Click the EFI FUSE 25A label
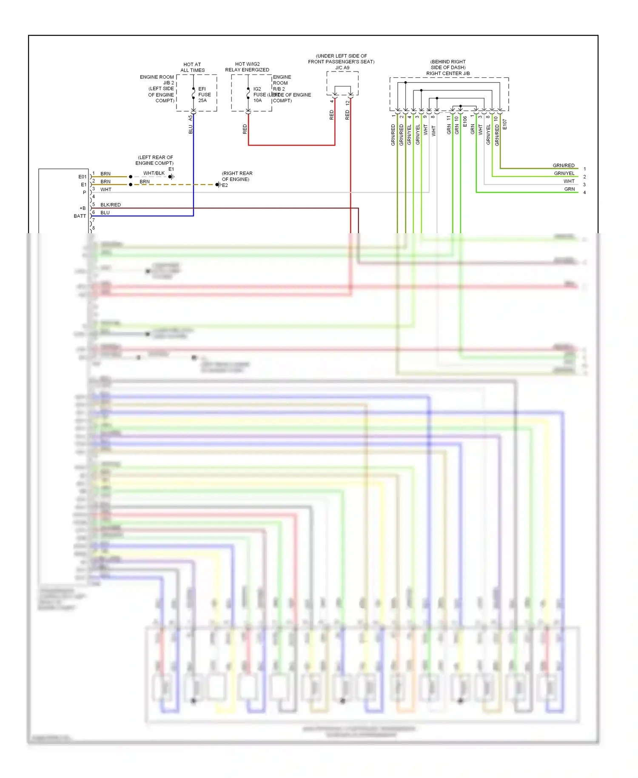204,94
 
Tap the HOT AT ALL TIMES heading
192,67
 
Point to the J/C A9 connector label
342,68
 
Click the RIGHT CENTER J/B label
448,73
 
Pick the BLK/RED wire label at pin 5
111,205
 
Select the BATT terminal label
80,216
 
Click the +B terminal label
83,208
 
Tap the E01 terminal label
82,177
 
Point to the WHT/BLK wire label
154,173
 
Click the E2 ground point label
225,185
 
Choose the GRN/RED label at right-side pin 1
563,166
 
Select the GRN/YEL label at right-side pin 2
564,173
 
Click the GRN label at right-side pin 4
569,189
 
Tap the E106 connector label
465,121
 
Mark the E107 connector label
504,124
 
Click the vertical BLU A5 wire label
191,125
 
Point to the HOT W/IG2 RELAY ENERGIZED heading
247,67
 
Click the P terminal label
84,192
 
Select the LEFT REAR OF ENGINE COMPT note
154,160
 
